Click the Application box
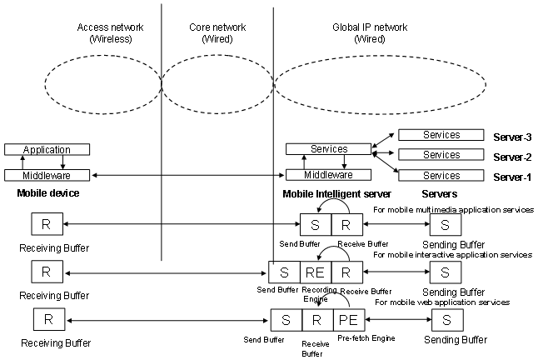click(x=46, y=150)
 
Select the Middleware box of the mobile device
click(x=46, y=176)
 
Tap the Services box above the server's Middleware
click(x=328, y=149)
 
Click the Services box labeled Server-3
click(x=441, y=134)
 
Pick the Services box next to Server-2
click(x=441, y=154)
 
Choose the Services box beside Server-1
click(x=441, y=175)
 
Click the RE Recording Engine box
click(x=314, y=271)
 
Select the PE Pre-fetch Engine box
click(x=345, y=320)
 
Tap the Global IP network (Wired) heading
click(x=369, y=33)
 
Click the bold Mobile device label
click(x=47, y=193)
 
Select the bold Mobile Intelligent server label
click(x=337, y=193)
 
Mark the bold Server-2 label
click(x=511, y=156)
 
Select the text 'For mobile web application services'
click(x=441, y=302)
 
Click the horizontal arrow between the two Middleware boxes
click(x=188, y=176)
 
